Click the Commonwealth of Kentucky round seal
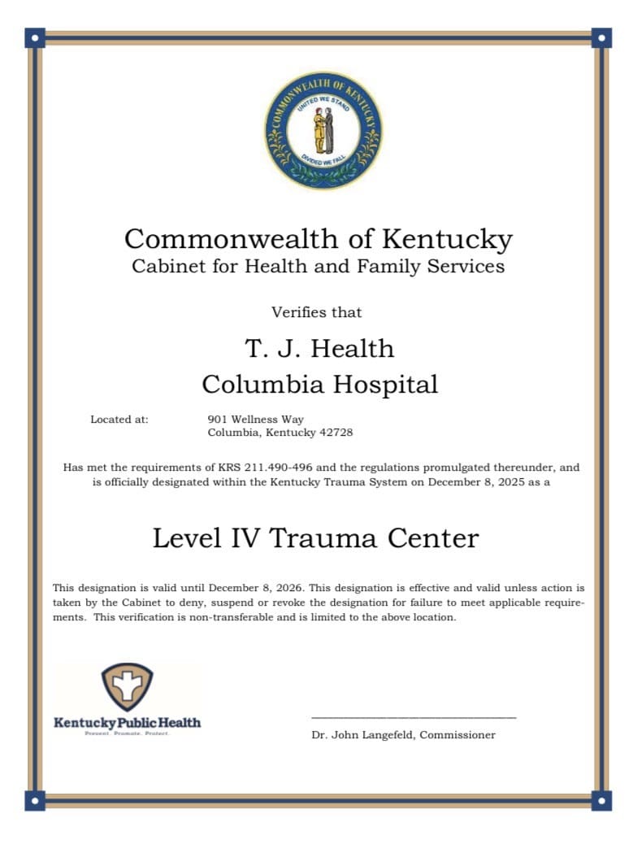coord(323,130)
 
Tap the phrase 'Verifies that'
coord(316,312)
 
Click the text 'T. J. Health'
coord(319,348)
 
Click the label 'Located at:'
coord(119,420)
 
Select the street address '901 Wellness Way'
coord(256,420)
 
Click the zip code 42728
coord(336,433)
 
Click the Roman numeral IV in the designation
coord(243,538)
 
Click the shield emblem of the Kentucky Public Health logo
coord(127,685)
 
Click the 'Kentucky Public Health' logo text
coord(127,722)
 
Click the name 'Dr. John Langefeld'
coord(362,735)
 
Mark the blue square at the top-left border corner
coord(35,37)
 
